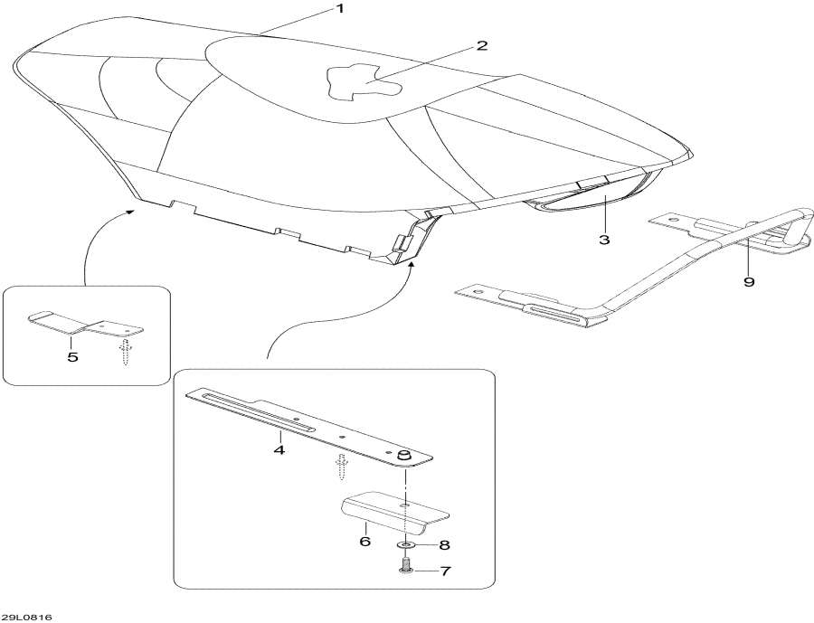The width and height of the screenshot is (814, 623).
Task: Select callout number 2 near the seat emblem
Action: [482, 45]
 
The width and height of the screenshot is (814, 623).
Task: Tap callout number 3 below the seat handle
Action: [603, 240]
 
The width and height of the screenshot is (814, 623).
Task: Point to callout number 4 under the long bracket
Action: [279, 449]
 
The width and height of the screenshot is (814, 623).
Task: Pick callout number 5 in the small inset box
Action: [72, 356]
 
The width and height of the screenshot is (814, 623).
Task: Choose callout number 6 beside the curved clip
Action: [364, 542]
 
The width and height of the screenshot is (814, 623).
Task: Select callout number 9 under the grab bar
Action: [748, 281]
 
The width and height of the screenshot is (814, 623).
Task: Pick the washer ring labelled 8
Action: [406, 546]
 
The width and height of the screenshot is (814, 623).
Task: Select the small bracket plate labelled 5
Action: [86, 325]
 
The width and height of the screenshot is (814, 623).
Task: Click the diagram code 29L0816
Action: [26, 617]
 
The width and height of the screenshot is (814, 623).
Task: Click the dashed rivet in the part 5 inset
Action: [125, 352]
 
